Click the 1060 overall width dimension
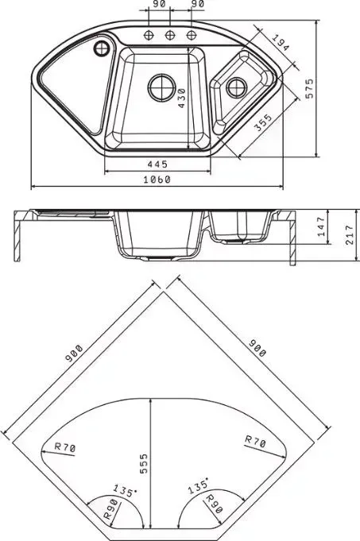pos(157,180)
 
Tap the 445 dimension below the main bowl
pos(157,164)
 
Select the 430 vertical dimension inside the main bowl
pos(182,99)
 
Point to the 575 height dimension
pos(310,88)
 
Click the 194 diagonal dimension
pos(280,43)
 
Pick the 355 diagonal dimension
pos(263,122)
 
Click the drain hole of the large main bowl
pos(162,87)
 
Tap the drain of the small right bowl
pos(237,87)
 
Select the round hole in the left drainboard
pos(101,48)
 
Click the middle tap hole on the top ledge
pos(169,35)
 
